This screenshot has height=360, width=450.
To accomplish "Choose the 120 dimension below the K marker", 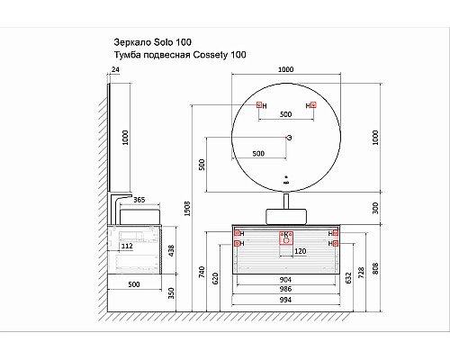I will point(301,251).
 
